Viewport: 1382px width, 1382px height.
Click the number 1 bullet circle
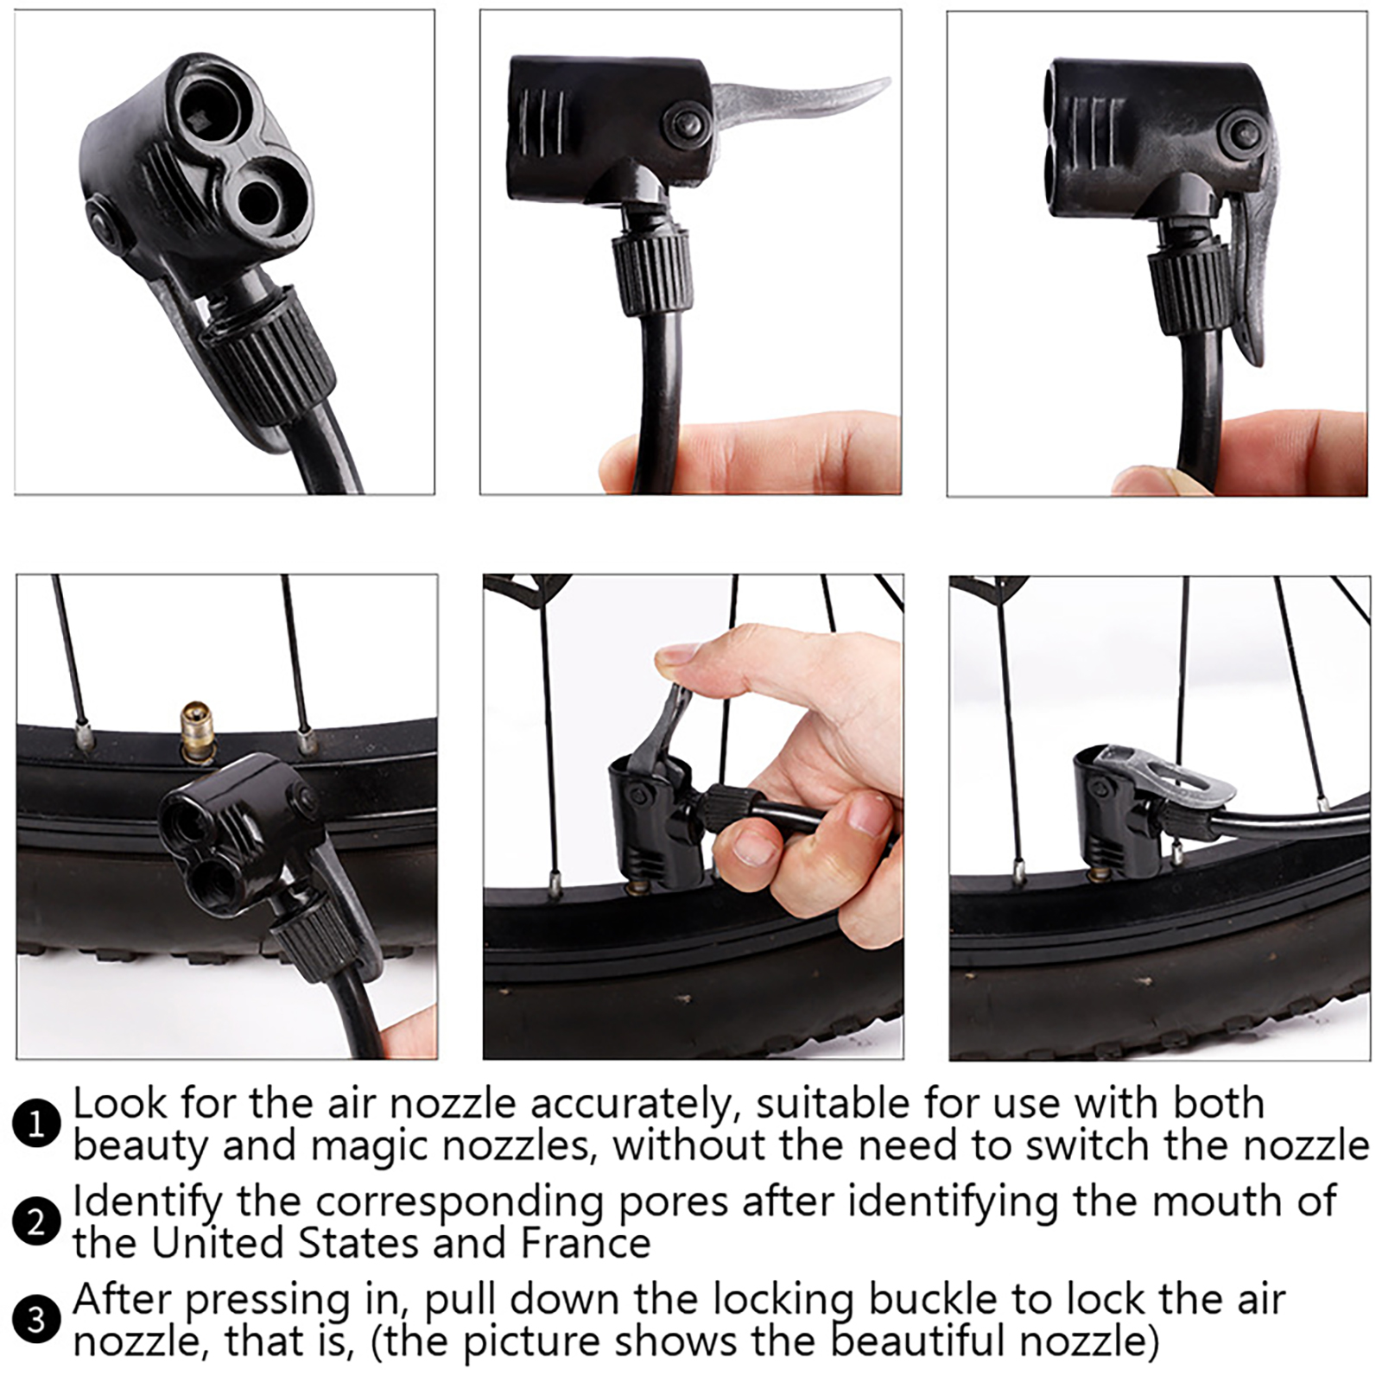pos(36,1124)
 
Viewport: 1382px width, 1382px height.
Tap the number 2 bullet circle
pos(36,1222)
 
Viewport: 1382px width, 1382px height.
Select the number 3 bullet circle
pos(36,1320)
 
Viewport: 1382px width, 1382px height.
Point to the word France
pos(585,1243)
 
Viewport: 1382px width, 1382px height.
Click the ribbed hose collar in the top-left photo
pos(269,350)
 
